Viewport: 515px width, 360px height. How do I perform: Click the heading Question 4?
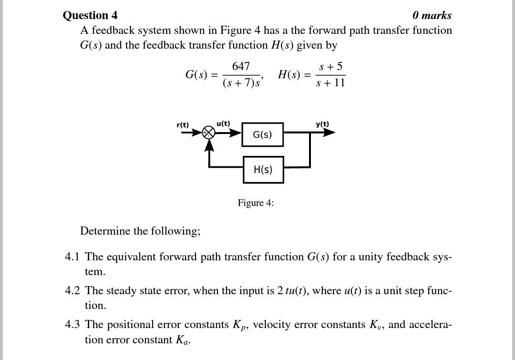[90, 15]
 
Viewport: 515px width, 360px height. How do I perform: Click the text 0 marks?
[432, 15]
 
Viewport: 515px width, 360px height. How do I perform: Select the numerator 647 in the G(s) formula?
[241, 66]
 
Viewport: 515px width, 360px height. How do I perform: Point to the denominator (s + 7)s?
[241, 83]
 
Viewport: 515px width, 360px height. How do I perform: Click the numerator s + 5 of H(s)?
[330, 66]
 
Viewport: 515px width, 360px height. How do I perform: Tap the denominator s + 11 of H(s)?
[330, 83]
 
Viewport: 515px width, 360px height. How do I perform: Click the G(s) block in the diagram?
[262, 134]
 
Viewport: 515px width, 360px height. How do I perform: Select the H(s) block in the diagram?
[263, 170]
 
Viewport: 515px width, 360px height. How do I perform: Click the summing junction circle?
[209, 133]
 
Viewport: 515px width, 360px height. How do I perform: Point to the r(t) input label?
[183, 125]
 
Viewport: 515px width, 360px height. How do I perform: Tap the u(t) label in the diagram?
[223, 123]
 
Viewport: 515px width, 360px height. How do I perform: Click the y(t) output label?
[322, 124]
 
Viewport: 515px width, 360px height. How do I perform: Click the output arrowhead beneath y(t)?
[329, 133]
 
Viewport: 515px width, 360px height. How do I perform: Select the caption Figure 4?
[256, 203]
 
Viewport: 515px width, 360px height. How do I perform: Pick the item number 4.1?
[72, 257]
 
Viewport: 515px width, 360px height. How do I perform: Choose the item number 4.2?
[72, 291]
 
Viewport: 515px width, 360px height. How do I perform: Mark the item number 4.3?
[72, 325]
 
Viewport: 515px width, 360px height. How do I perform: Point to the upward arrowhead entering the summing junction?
[209, 145]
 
